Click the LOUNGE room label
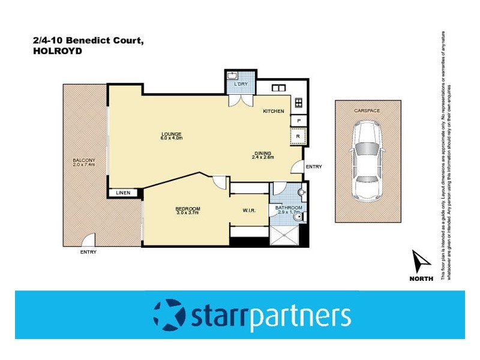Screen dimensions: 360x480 click(x=171, y=133)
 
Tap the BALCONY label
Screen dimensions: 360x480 click(x=84, y=161)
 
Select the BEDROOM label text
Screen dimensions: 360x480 click(x=188, y=208)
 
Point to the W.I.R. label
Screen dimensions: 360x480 click(x=250, y=210)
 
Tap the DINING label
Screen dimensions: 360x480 click(x=262, y=153)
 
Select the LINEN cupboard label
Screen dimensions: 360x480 click(x=123, y=193)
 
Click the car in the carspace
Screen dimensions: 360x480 click(x=366, y=160)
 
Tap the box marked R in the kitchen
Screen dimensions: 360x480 click(x=298, y=137)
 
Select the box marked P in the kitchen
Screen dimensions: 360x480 click(x=298, y=120)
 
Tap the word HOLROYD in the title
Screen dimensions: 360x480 click(x=57, y=52)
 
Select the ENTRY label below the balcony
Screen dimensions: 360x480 click(x=88, y=252)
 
